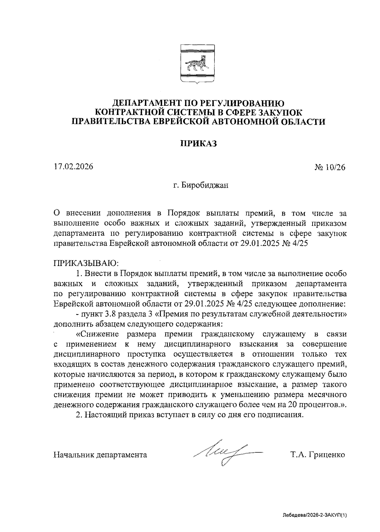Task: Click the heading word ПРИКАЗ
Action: (x=198, y=144)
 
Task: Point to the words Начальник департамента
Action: (x=100, y=455)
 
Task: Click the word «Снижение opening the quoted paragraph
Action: (x=98, y=334)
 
